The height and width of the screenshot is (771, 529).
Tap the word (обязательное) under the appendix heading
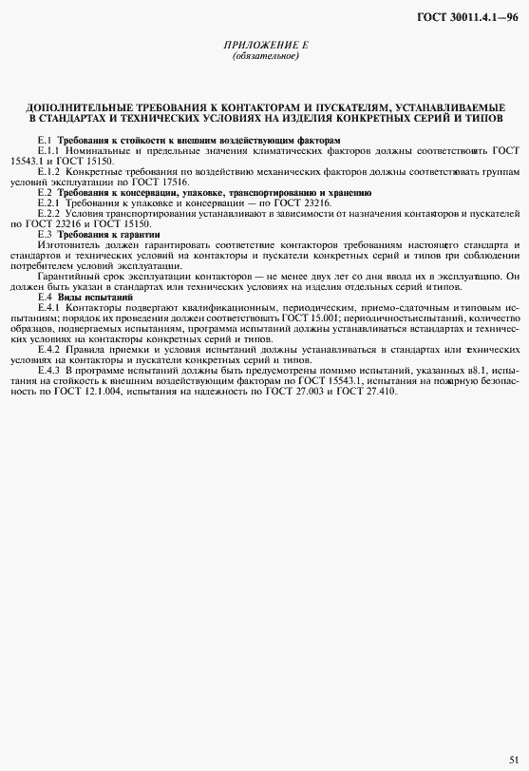265,56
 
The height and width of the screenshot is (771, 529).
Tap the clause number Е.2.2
49,214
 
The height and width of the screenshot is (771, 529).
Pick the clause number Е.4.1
49,309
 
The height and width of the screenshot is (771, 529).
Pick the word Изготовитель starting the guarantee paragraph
65,245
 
